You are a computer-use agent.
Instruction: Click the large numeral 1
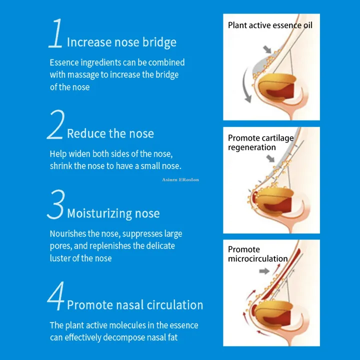coord(56,33)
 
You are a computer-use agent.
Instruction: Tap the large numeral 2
coord(55,125)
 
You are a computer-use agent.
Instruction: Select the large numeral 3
coord(55,204)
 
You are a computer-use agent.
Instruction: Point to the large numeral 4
coord(56,297)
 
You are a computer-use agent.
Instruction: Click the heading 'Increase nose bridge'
coord(121,42)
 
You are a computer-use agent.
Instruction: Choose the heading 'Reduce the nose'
coord(110,133)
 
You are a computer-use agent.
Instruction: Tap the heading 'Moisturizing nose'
coord(113,213)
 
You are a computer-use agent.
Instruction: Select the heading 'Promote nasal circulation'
coord(135,304)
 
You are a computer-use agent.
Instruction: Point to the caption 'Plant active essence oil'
coord(269,25)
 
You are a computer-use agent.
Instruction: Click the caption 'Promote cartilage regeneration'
coord(260,142)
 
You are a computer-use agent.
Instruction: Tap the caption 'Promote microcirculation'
coord(257,254)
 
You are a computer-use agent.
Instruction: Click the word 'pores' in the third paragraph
coord(62,246)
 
